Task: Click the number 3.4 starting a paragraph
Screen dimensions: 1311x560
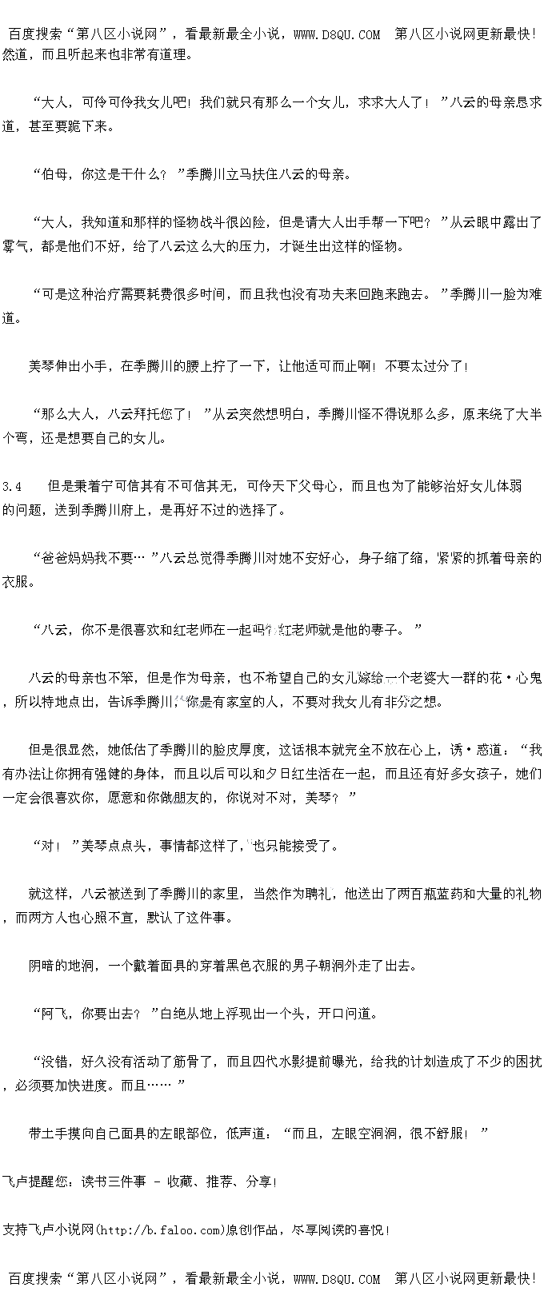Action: click(x=12, y=486)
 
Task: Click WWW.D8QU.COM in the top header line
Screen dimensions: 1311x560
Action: click(x=337, y=34)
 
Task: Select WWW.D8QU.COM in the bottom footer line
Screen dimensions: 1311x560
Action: click(x=337, y=1279)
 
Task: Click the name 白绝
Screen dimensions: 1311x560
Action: click(x=174, y=1014)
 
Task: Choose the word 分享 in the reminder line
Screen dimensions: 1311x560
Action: click(x=259, y=1181)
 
